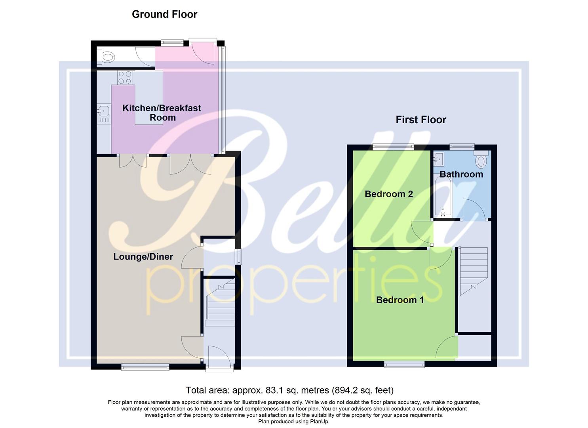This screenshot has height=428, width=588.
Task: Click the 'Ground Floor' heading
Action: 164,14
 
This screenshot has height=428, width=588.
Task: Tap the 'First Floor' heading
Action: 421,120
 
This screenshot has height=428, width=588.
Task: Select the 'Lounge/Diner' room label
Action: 143,256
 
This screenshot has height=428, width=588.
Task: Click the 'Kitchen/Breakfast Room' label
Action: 162,113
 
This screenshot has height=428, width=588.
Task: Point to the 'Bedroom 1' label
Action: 400,300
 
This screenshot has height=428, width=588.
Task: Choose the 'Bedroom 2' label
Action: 388,194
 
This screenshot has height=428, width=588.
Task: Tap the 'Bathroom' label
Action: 461,174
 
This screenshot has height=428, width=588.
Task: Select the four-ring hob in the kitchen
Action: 124,77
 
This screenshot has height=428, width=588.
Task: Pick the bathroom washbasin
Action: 438,159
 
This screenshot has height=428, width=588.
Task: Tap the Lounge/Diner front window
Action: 145,367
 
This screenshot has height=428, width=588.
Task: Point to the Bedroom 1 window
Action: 404,364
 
